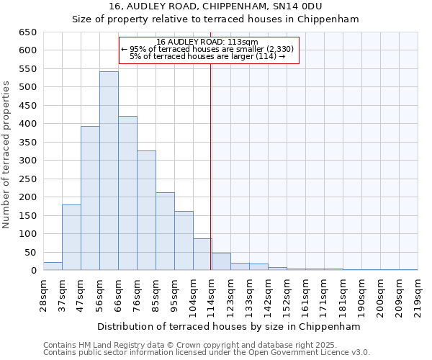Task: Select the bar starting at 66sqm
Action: click(127, 194)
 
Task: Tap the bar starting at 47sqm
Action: click(90, 199)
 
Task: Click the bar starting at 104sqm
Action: click(202, 255)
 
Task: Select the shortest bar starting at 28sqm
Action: click(53, 266)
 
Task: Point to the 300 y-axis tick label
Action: click(29, 161)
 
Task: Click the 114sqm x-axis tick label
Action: click(212, 294)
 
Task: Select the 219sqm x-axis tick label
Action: click(418, 294)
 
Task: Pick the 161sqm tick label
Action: click(305, 294)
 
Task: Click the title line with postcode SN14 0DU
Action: click(216, 7)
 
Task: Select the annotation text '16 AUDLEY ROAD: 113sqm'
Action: click(207, 42)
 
